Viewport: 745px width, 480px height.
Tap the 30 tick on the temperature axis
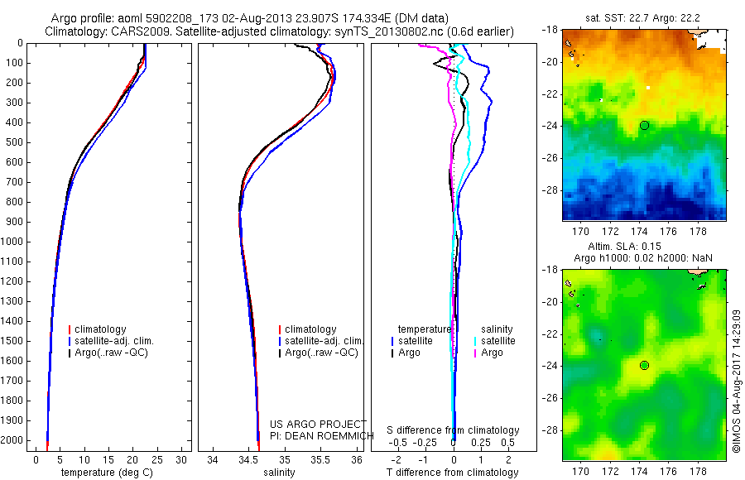(182, 459)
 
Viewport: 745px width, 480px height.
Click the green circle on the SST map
(644, 125)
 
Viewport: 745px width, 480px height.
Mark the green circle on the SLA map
(644, 365)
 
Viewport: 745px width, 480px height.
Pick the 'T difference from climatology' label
(454, 473)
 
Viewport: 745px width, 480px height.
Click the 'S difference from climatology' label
(454, 430)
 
